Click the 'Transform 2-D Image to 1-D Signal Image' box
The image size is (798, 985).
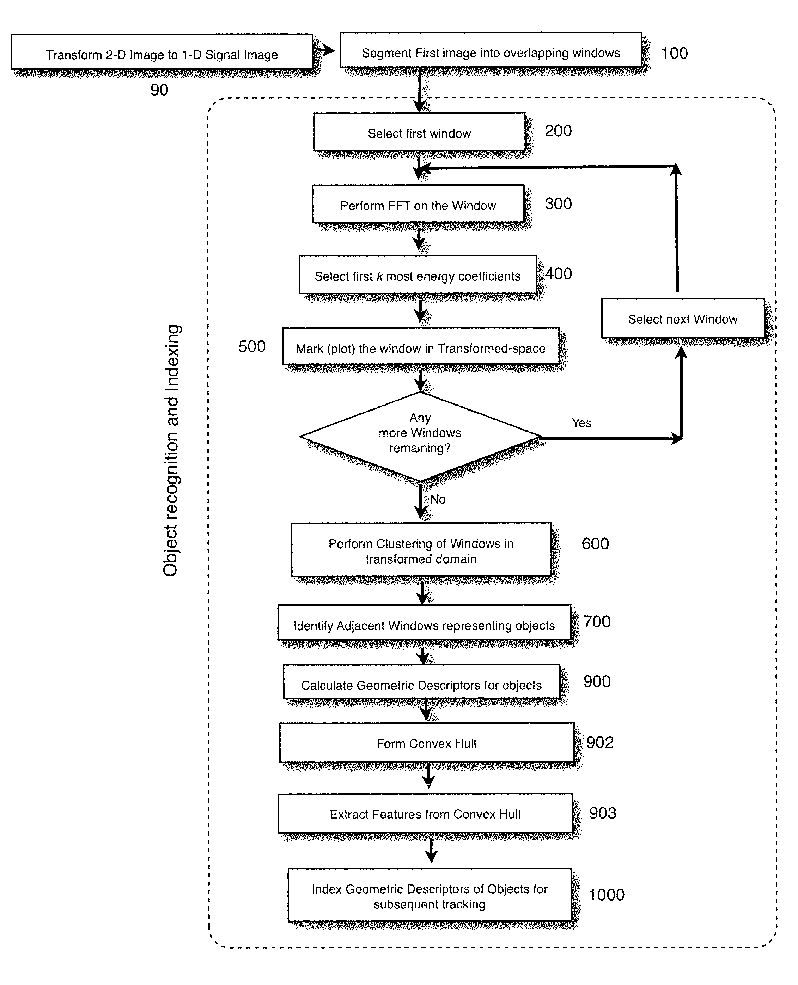pos(162,51)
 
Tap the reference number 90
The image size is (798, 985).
pos(159,90)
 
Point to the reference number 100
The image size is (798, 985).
pos(674,53)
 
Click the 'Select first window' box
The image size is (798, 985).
pos(419,132)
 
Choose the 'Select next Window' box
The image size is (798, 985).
pos(683,318)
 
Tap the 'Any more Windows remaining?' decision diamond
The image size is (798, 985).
pos(420,436)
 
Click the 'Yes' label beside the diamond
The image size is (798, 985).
pos(581,423)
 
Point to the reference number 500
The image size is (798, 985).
pos(252,347)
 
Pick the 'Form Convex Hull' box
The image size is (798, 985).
pos(427,743)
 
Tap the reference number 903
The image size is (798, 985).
pos(603,813)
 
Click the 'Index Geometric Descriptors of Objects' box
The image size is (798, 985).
pos(430,895)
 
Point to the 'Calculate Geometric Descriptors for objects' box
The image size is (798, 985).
pos(421,682)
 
